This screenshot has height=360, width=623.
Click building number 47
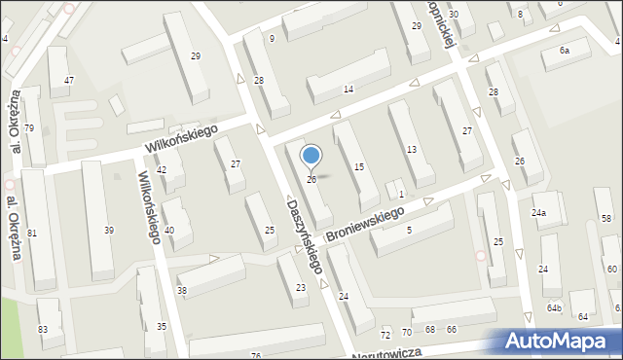(x=68, y=80)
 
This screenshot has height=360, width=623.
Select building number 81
(x=32, y=233)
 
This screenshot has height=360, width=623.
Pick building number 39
(x=109, y=230)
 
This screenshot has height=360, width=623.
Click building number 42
(x=163, y=170)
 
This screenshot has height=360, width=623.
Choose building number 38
(x=181, y=291)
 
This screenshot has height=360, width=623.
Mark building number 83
(x=43, y=330)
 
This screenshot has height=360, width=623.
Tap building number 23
(x=301, y=287)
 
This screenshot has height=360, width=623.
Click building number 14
(x=348, y=90)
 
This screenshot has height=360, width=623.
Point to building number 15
(x=359, y=167)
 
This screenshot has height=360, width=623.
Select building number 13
(x=412, y=149)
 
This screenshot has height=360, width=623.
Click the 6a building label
(x=564, y=50)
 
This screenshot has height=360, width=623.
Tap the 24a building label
(x=538, y=212)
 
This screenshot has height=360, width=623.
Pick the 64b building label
(x=554, y=307)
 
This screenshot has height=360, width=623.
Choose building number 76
(x=256, y=356)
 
